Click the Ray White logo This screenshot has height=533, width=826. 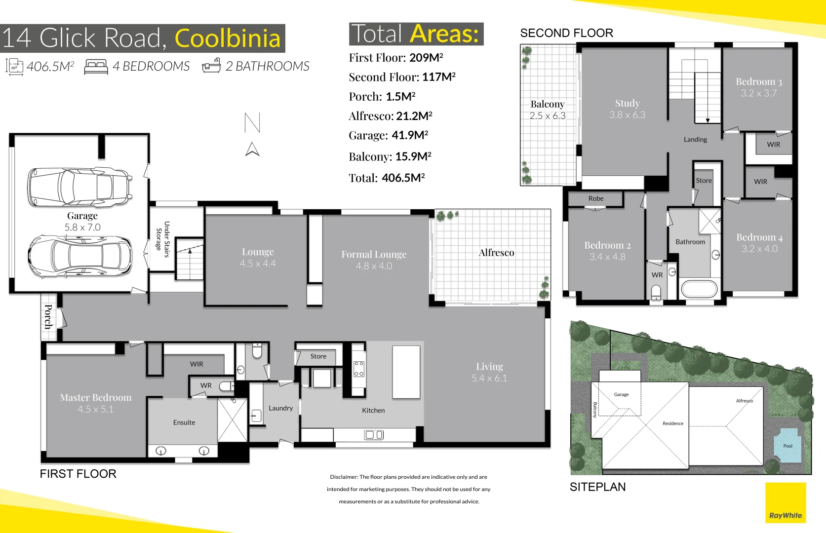(x=785, y=503)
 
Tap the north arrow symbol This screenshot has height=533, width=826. (x=252, y=149)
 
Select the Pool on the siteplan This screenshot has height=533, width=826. (x=787, y=446)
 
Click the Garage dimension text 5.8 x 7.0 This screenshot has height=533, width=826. (x=82, y=228)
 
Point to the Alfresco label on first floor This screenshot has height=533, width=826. (x=496, y=253)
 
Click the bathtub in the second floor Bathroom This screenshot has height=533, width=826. (x=698, y=289)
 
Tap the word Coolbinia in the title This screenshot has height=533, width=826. (x=228, y=38)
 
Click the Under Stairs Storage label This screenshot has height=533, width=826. (x=162, y=239)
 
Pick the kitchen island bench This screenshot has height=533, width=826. (x=406, y=372)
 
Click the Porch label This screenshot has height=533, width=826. (x=48, y=316)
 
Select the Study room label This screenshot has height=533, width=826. (x=627, y=103)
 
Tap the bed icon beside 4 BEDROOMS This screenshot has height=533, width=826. (x=96, y=67)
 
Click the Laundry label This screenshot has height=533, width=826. (x=280, y=408)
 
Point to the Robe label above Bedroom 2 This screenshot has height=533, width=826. (x=596, y=198)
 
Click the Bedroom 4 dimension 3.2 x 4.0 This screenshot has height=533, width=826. (x=759, y=249)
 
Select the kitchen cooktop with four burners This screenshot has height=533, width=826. (x=359, y=369)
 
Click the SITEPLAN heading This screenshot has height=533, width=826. (x=597, y=487)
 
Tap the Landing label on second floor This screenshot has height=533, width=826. (x=695, y=140)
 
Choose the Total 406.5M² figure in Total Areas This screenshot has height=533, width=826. (x=403, y=178)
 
